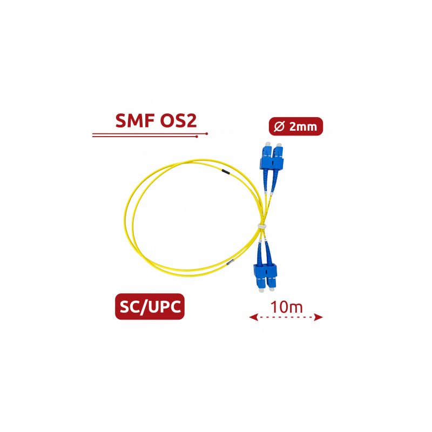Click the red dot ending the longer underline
(207, 132)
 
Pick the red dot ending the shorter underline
(198, 137)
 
